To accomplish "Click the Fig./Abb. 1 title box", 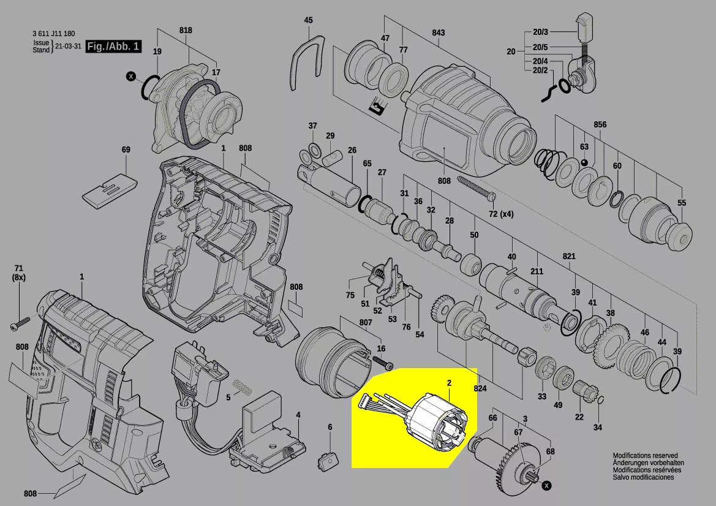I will coord(113,47).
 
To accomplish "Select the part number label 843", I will coord(438,32).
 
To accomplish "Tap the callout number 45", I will coord(309,20).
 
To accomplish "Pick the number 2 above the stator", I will coord(449,383).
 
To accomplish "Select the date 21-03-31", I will coord(68,47).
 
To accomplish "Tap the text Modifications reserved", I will coord(645,456).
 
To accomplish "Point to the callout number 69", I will coord(126,149).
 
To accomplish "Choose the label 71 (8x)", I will coord(18,273).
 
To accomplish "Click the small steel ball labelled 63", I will coord(584,162).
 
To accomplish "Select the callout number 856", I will coord(600,125).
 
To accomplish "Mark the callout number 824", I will coord(480,389).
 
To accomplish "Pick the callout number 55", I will coord(682,203).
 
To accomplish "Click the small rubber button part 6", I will coord(329,458).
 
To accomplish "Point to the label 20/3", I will coord(540,32).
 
